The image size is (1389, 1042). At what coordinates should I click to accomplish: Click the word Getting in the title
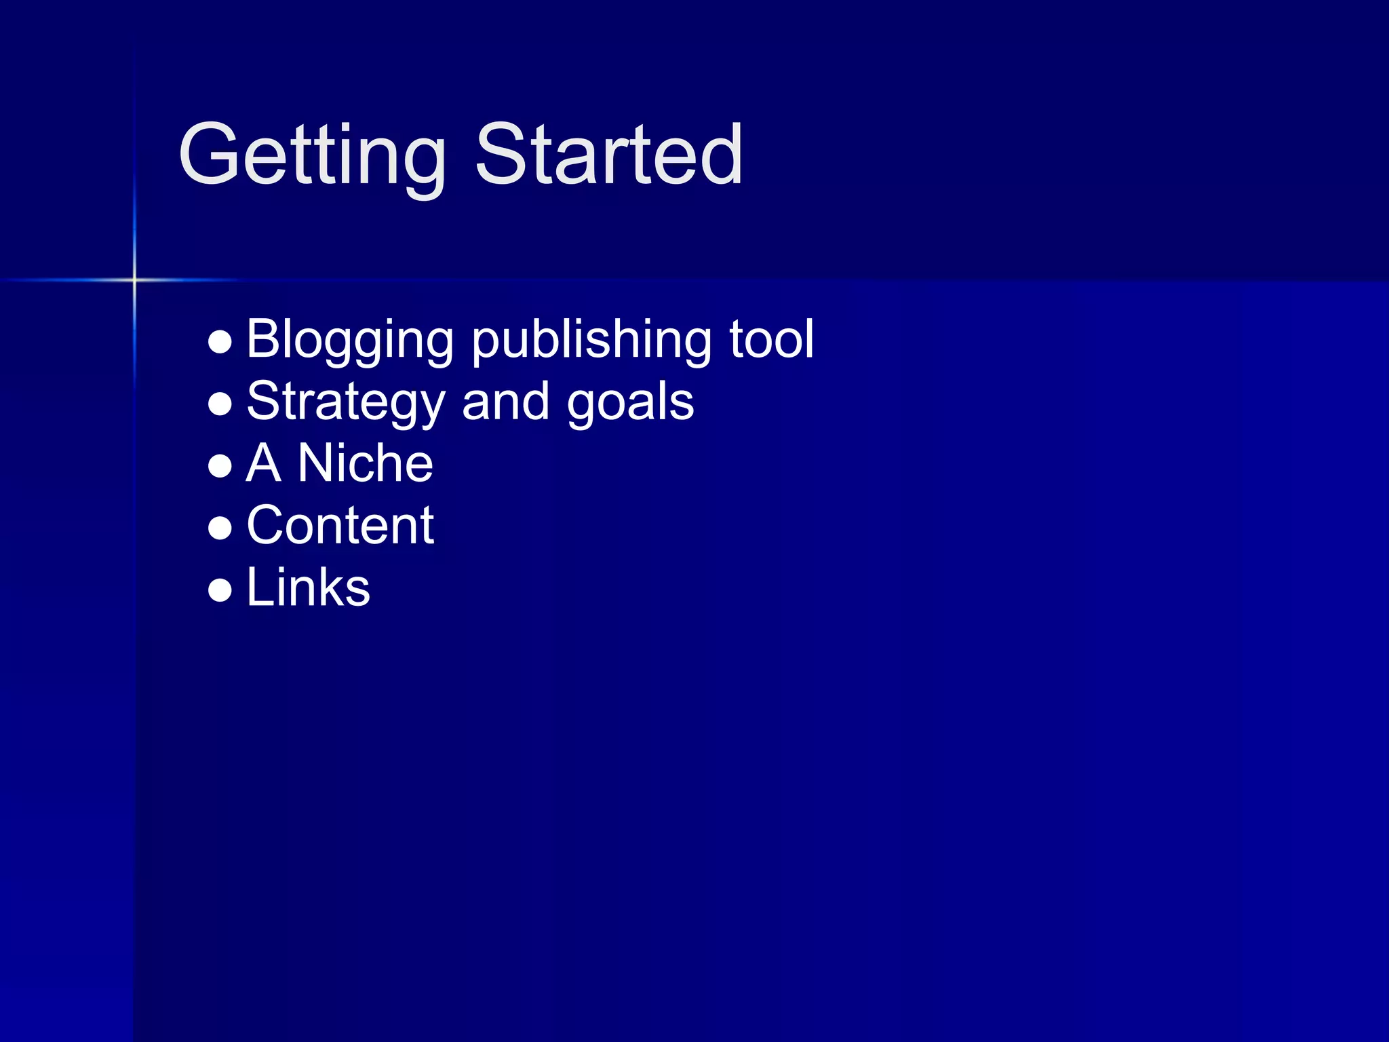click(x=312, y=156)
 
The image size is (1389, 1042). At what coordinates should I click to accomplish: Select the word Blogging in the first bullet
click(x=349, y=339)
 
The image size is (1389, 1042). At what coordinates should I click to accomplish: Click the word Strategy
click(x=345, y=402)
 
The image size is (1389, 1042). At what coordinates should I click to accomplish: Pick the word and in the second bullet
click(x=505, y=402)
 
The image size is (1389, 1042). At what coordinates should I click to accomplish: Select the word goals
click(x=630, y=402)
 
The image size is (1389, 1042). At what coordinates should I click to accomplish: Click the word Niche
click(x=365, y=463)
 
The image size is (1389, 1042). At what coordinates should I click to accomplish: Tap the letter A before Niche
click(x=263, y=463)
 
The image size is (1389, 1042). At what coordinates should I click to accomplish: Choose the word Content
click(x=340, y=526)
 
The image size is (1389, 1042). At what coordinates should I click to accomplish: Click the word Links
click(x=308, y=587)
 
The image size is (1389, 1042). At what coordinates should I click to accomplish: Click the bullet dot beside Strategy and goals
click(x=220, y=404)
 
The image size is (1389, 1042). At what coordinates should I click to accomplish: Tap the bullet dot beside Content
click(x=220, y=528)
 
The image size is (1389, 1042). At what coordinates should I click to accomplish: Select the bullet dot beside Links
click(x=220, y=590)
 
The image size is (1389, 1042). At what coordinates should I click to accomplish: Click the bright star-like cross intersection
click(x=134, y=279)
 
